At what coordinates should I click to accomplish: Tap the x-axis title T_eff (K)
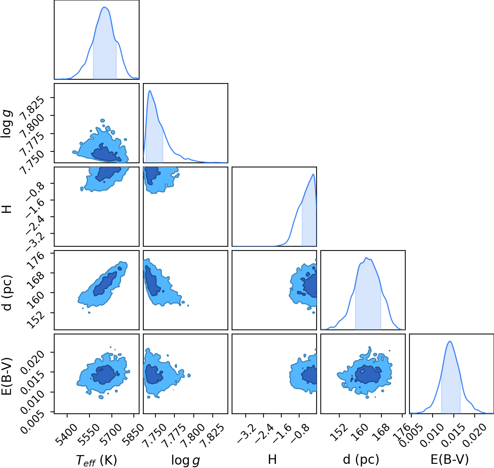coord(97,460)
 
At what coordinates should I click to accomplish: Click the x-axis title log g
coord(185,460)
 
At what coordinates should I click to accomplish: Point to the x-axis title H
coord(272,459)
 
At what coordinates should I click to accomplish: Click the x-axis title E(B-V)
coord(450,460)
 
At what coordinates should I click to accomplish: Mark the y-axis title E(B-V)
coord(7,376)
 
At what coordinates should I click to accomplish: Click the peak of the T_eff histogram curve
coord(104,7)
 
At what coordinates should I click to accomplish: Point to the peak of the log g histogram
coord(150,91)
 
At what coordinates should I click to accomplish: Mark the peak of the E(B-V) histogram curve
coord(450,341)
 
